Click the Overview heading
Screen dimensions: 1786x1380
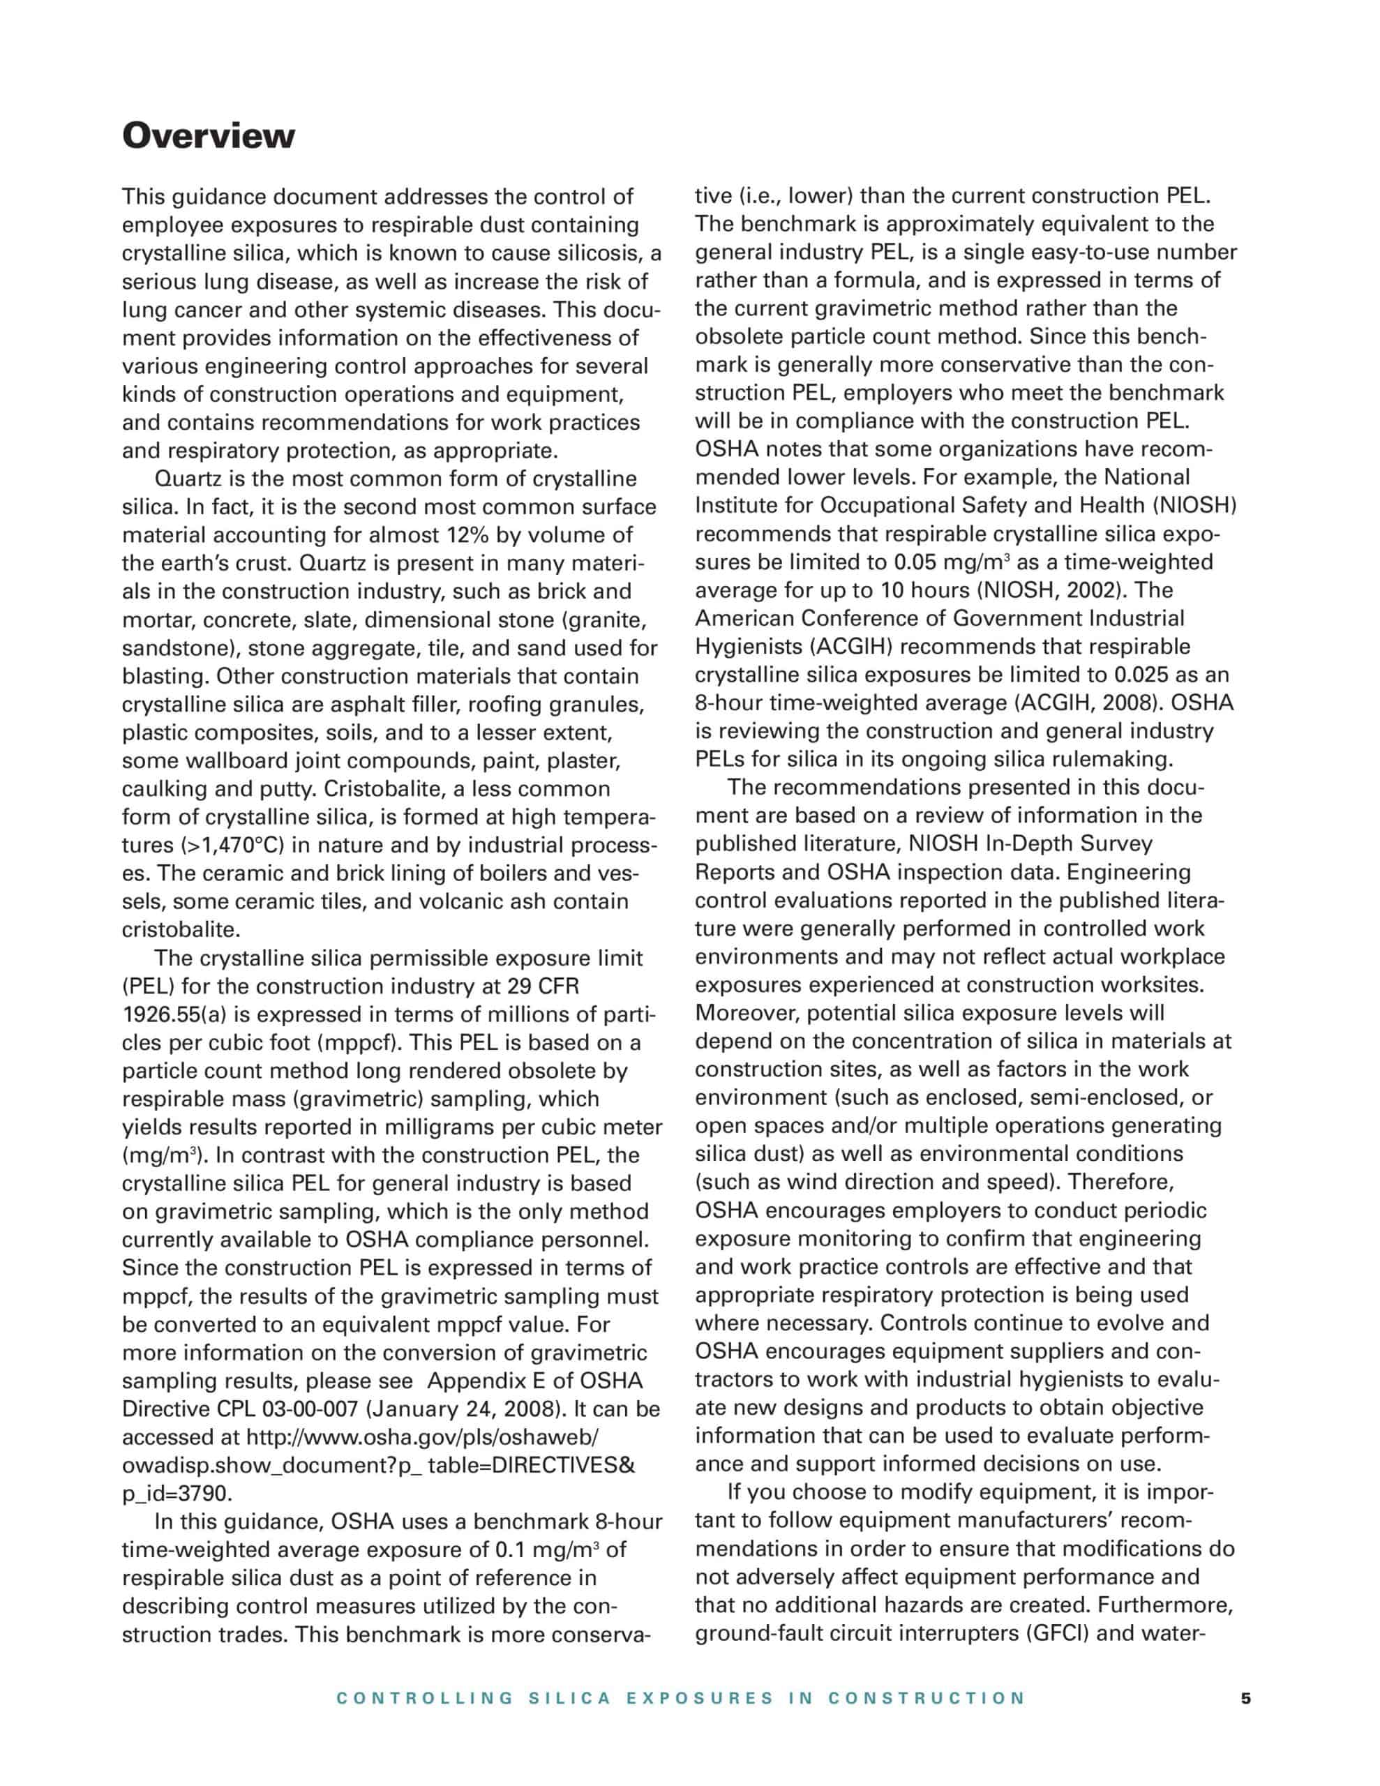point(208,136)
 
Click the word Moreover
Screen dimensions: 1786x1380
point(747,1013)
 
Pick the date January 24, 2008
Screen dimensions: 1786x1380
point(464,1409)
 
